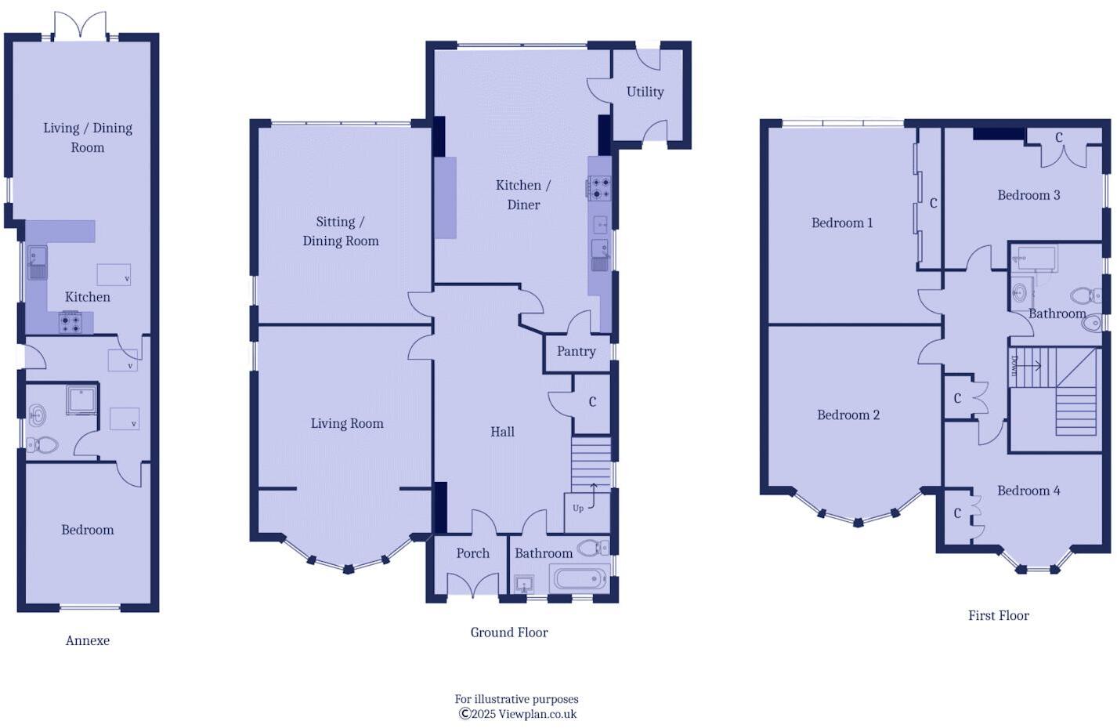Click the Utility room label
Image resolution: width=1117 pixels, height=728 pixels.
645,92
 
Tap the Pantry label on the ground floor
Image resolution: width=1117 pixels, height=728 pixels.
576,351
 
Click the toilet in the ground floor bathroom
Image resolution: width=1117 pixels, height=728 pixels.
593,547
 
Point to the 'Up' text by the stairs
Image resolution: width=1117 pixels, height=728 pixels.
578,508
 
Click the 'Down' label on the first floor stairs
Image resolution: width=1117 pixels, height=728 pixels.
1014,365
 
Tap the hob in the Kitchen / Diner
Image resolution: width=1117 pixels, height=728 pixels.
599,188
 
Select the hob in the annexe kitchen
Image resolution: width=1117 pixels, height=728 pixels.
70,322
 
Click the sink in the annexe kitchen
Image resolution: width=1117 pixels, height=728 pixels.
37,261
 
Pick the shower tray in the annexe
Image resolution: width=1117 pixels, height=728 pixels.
81,400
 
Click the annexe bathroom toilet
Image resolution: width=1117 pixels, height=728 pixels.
42,445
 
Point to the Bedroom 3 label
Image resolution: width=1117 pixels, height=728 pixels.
1028,195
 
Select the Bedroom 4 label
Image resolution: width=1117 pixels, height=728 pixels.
1028,491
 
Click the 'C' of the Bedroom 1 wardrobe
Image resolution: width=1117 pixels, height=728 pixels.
933,203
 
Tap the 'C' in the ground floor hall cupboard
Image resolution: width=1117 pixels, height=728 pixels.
592,402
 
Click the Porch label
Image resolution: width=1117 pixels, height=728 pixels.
472,553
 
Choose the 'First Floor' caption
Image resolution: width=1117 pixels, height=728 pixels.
998,615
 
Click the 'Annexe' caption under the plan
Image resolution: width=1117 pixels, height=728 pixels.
87,640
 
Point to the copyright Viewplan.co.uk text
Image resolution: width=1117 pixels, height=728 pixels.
518,714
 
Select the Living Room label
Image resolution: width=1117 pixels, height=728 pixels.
347,423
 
